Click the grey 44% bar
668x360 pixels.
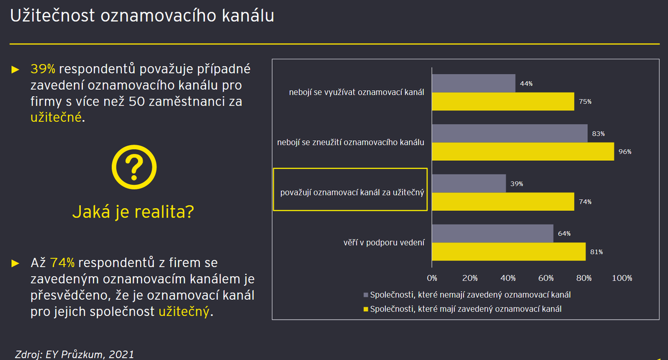(474, 83)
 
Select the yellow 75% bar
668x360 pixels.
(503, 102)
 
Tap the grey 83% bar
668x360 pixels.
(510, 133)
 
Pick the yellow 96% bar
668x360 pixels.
(523, 152)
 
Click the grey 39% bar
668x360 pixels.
(469, 183)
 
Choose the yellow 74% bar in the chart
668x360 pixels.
(503, 202)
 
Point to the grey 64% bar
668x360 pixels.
(493, 233)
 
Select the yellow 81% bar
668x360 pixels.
(509, 252)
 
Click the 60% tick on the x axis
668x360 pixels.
(546, 278)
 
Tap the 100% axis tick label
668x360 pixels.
(622, 278)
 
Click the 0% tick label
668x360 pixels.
(432, 278)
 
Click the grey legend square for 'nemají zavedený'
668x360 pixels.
(366, 295)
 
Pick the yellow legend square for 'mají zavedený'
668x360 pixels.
(366, 309)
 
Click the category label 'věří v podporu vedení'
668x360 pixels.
(384, 243)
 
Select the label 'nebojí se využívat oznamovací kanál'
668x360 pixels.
(356, 92)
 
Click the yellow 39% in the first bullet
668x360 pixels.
(43, 69)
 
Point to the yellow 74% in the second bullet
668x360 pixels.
(62, 263)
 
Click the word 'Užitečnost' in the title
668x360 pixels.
(52, 15)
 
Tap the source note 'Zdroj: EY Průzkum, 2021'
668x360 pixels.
(74, 354)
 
